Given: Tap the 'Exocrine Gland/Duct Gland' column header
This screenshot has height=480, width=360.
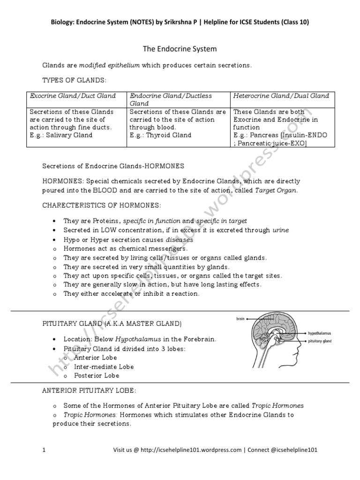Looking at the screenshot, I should tap(73, 96).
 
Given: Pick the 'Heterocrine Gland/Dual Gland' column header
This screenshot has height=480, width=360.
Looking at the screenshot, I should tap(281, 96).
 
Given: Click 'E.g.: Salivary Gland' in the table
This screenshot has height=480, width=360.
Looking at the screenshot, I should tap(61, 135).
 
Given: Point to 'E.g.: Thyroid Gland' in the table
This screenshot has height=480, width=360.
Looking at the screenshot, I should tap(160, 135).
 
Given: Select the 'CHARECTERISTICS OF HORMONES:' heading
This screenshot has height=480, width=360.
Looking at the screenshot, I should tap(102, 205).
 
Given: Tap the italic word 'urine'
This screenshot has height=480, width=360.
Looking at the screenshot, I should tap(280, 230).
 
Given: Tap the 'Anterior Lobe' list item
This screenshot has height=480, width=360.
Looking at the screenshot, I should tap(96, 358).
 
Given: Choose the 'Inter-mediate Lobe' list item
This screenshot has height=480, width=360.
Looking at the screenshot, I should tap(104, 367).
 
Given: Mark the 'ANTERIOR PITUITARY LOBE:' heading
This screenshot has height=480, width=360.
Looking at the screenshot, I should tap(90, 390).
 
